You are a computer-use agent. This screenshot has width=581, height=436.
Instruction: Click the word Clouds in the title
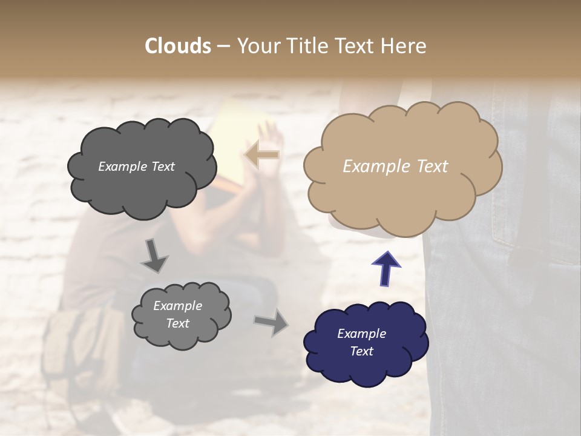pos(177,46)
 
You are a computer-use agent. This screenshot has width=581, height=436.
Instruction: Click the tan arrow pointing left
pos(261,155)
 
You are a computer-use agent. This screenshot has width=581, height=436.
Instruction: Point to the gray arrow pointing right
pos(271,322)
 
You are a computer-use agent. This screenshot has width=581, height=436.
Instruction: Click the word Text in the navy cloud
pos(362,351)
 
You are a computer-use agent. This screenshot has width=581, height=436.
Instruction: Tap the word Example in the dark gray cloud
pos(123,167)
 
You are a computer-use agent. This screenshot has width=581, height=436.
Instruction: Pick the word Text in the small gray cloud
pos(177,323)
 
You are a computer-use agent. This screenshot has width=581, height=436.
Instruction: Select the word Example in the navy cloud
pos(361,334)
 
